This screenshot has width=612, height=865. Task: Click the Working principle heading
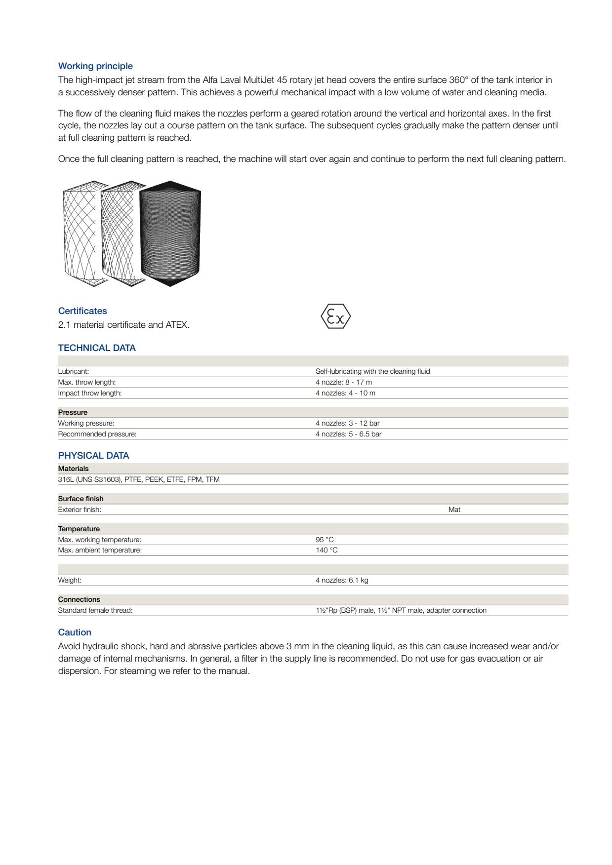(x=95, y=66)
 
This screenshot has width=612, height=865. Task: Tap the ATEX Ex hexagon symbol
(x=336, y=316)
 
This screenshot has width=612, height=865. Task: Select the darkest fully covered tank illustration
(x=170, y=233)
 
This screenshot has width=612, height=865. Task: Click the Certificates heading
(x=82, y=311)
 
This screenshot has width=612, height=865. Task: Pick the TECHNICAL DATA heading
(x=97, y=348)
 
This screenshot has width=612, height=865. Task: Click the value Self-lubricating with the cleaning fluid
(x=372, y=371)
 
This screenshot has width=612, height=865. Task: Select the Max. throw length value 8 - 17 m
(x=344, y=382)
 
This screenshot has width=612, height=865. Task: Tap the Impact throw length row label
(x=90, y=393)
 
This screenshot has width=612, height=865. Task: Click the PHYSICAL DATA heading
(x=93, y=456)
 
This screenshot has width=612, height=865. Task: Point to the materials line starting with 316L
(x=139, y=479)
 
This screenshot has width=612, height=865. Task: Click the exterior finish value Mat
(x=454, y=510)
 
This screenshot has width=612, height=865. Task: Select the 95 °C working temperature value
(x=325, y=540)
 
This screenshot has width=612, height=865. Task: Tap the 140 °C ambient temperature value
(x=326, y=550)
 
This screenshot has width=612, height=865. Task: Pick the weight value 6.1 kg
(x=342, y=580)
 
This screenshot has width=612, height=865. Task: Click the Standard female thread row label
(x=95, y=610)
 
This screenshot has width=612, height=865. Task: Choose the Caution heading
(x=75, y=632)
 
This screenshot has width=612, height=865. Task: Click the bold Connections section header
(x=79, y=599)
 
